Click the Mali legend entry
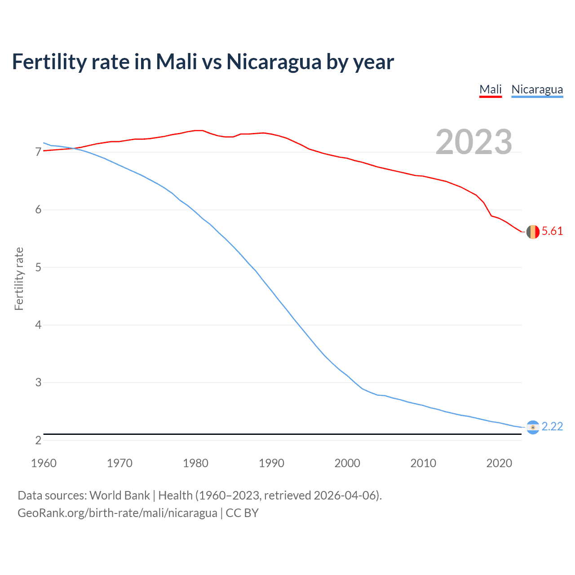coord(490,89)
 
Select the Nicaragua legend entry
coord(537,89)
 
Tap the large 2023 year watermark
coord(474,142)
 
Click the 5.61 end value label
coord(552,231)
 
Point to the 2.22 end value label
coord(552,426)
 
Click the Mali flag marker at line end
coord(533,232)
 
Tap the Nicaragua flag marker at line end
coord(533,427)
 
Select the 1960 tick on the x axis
coord(44,463)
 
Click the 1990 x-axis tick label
coord(271,463)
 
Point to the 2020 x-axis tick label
coord(499,463)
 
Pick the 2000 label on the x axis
coord(347,463)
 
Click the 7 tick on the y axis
coord(38,152)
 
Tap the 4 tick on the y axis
coord(38,325)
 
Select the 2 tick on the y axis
coord(38,440)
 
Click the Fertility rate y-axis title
coord(19,279)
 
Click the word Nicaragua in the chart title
coord(274,62)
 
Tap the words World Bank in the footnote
coord(119,495)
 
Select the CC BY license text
coord(242,513)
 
